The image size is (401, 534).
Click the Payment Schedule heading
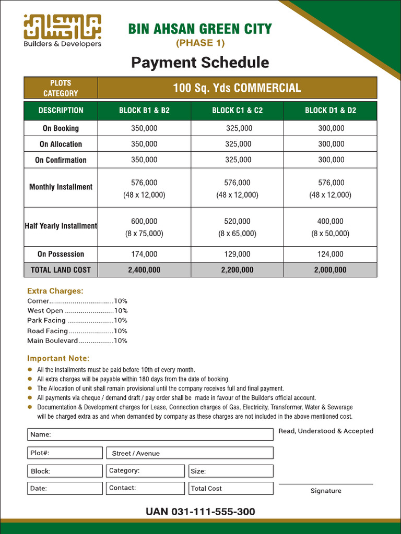[200, 63]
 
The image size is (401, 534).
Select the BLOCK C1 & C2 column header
[238, 111]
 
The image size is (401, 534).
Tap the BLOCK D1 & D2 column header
[331, 111]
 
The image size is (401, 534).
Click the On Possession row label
[61, 254]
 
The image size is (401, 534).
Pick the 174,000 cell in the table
[144, 254]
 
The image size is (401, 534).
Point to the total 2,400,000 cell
[144, 270]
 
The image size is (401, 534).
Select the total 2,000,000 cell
[331, 270]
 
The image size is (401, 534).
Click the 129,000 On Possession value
[238, 254]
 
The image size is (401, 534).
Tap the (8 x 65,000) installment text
[238, 234]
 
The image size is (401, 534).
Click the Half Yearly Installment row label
[61, 226]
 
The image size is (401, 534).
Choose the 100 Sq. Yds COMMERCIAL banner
[237, 88]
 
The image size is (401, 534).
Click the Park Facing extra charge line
[77, 321]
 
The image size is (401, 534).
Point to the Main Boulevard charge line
[77, 341]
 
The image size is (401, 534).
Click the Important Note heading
[58, 359]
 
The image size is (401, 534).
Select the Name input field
[150, 434]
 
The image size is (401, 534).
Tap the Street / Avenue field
[190, 453]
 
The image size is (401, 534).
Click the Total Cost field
[230, 489]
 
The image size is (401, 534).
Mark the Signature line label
[326, 491]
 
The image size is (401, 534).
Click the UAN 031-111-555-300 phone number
[200, 512]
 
